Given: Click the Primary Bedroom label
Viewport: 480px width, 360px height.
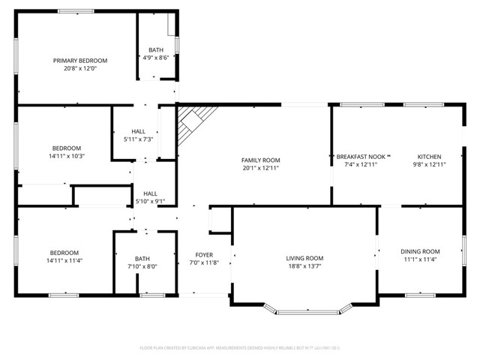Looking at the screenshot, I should [79, 61].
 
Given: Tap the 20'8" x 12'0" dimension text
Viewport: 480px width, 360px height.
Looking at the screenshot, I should [79, 68].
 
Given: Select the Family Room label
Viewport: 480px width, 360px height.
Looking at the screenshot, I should [260, 160].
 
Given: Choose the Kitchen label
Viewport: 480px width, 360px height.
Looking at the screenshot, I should [429, 157].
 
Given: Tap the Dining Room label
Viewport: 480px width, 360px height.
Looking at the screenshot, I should [419, 251].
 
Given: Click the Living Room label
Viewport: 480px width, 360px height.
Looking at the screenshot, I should [304, 258].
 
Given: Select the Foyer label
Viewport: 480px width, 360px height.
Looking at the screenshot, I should [203, 255].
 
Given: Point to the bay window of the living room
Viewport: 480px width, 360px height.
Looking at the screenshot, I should [310, 309].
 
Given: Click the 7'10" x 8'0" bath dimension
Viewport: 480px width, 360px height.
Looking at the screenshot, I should [142, 265].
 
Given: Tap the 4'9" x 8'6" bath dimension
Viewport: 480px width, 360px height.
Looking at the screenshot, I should [156, 57].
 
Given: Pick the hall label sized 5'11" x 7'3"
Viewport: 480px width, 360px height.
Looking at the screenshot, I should [139, 130].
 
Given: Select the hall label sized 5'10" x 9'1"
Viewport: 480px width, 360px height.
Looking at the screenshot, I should [150, 193].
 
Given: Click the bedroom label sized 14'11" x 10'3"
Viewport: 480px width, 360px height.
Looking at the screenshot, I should [66, 148].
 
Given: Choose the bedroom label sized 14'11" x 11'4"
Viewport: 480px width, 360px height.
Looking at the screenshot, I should [64, 253].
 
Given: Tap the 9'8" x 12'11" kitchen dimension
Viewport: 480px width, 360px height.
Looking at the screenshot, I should [429, 164].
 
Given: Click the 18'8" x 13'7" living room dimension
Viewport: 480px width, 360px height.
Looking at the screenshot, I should [304, 265].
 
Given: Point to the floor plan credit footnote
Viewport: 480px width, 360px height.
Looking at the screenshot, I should [240, 348].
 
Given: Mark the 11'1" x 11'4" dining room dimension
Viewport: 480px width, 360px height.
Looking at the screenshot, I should [419, 259].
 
